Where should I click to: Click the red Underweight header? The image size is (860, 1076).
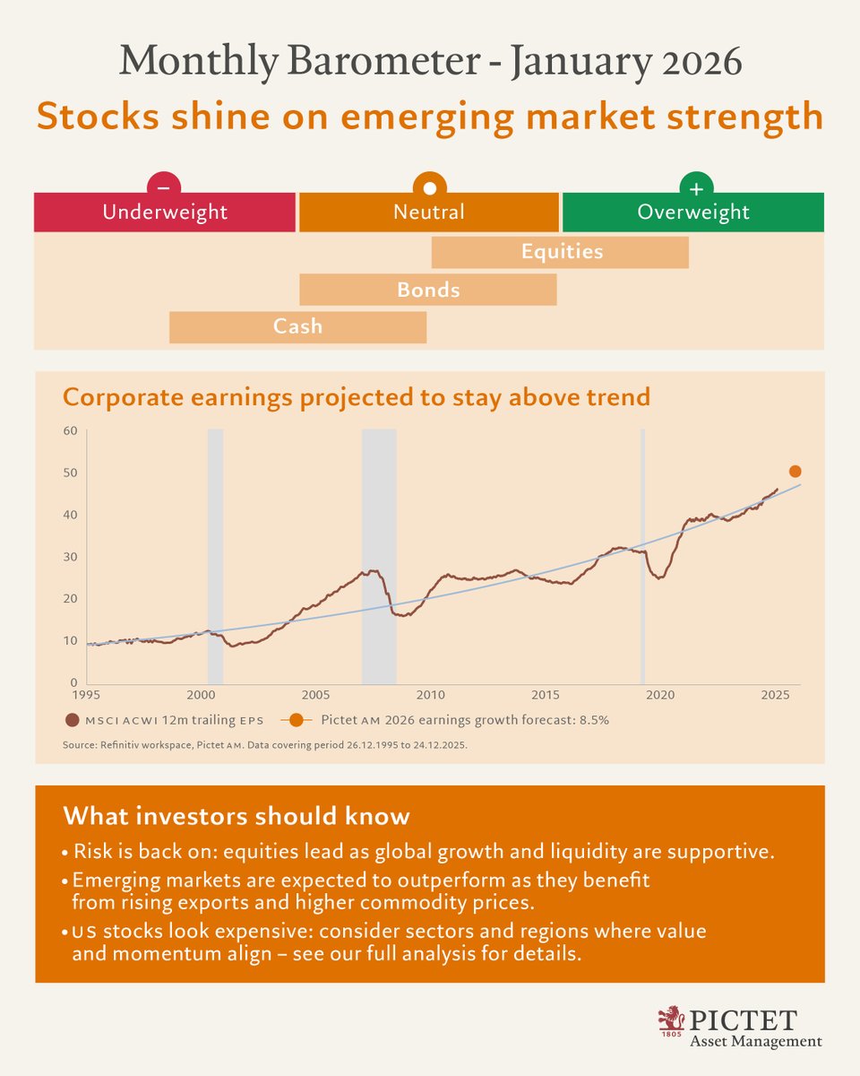coord(165,213)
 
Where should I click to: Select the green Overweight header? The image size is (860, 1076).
coord(692,213)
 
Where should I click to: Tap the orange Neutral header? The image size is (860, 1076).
coord(428,213)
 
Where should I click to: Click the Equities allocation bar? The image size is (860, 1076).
coord(560,252)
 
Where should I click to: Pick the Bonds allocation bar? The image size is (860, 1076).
coord(427,290)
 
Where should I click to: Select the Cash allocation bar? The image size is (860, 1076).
coord(297,327)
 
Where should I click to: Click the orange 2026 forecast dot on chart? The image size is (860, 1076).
coord(795,472)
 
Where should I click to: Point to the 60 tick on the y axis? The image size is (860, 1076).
coord(70,430)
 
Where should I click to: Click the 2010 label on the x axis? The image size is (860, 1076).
coord(431,696)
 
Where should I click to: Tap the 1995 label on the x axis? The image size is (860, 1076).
coord(87,696)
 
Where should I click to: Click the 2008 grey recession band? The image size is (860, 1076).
coord(379,556)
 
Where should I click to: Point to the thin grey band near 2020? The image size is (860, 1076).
coord(642,556)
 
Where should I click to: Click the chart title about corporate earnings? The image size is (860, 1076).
coord(356,396)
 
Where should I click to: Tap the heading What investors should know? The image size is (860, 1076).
coord(236,817)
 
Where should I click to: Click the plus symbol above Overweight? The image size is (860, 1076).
coord(696,188)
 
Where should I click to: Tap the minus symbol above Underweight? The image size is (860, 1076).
coord(164,188)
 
